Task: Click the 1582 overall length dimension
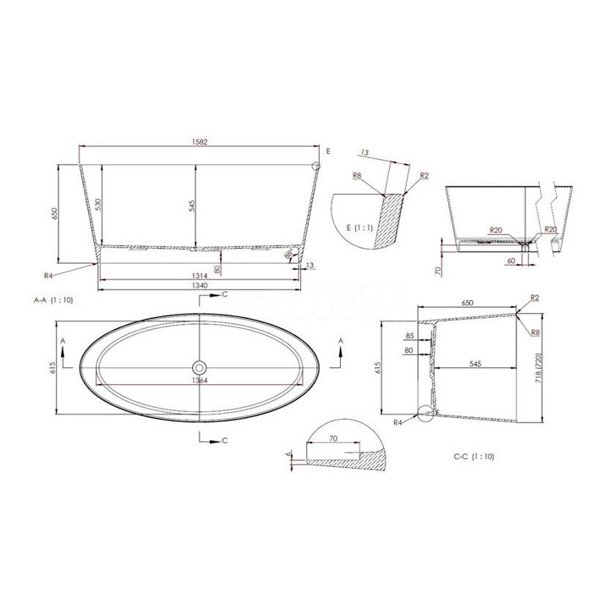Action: [x=197, y=143]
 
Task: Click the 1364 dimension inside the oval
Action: [x=200, y=380]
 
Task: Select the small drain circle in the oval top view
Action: [x=200, y=368]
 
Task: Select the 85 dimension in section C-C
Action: [x=409, y=337]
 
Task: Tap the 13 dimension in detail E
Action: [x=365, y=153]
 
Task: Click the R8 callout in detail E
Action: [x=358, y=176]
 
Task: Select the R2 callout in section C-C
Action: [x=534, y=298]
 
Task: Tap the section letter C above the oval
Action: [x=224, y=294]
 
